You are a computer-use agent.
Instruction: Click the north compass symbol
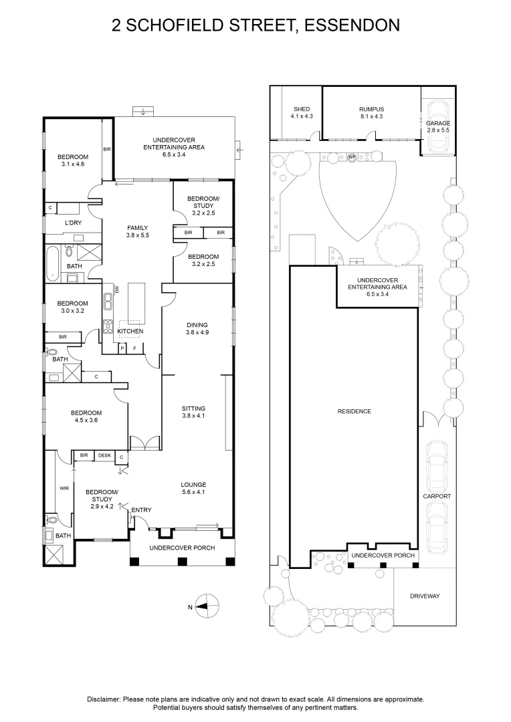[x=207, y=606]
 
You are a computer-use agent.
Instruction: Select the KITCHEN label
[x=130, y=332]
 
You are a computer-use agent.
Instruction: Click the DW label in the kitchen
[x=116, y=289]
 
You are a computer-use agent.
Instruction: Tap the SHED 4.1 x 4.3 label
[x=302, y=113]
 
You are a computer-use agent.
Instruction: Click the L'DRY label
[x=73, y=222]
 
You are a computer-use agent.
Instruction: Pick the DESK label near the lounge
[x=104, y=456]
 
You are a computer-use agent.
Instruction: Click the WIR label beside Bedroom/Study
[x=64, y=489]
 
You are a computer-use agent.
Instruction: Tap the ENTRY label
[x=141, y=511]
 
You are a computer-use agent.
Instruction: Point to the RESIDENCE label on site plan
[x=354, y=411]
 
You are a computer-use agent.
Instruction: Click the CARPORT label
[x=437, y=497]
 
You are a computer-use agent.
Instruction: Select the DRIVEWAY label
[x=425, y=596]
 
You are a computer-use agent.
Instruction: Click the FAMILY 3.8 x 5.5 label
[x=137, y=232]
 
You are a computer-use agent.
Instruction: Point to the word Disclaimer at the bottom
[x=104, y=699]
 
